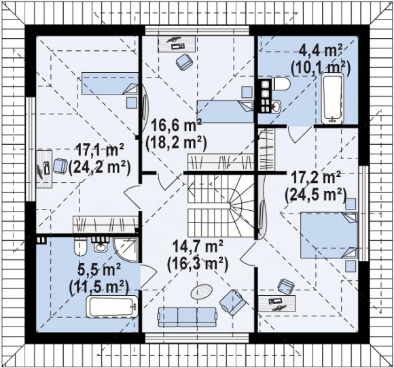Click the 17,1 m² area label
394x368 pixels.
100,150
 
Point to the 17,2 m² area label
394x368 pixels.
316,178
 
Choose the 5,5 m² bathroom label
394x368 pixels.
98,269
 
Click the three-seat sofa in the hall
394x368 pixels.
187,316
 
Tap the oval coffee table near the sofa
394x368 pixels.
202,291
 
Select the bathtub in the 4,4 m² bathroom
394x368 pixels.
333,99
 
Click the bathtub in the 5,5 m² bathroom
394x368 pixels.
112,307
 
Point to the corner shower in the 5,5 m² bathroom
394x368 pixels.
126,250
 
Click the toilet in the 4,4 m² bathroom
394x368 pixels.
281,84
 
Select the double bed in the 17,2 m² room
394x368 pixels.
329,235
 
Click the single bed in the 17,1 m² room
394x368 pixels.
110,84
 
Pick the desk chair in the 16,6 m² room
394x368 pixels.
184,62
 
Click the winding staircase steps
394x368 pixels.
221,205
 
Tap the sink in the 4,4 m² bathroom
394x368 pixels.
276,106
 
